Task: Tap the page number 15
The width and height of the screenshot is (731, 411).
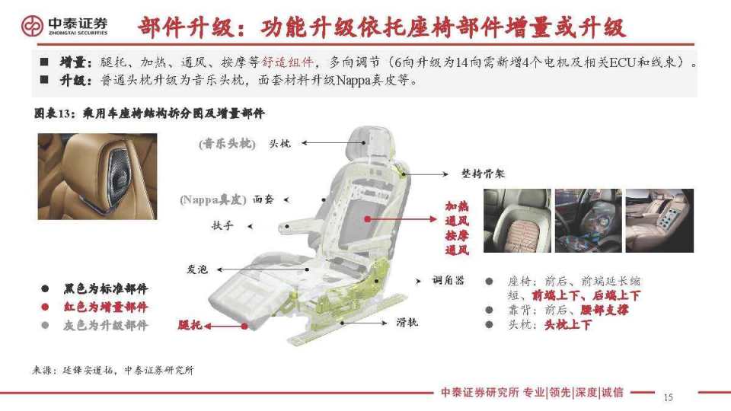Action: pyautogui.click(x=669, y=397)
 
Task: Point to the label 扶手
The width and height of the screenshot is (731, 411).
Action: pyautogui.click(x=222, y=226)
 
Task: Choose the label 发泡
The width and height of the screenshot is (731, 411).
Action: pyautogui.click(x=198, y=269)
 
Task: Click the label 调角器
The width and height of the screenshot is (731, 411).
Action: pyautogui.click(x=448, y=280)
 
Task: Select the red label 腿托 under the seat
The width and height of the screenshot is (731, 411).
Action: pyautogui.click(x=190, y=325)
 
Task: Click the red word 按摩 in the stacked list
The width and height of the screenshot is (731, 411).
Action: pyautogui.click(x=457, y=235)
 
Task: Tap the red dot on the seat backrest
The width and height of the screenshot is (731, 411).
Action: pyautogui.click(x=367, y=218)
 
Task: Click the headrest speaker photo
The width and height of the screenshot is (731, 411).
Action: pyautogui.click(x=97, y=177)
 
